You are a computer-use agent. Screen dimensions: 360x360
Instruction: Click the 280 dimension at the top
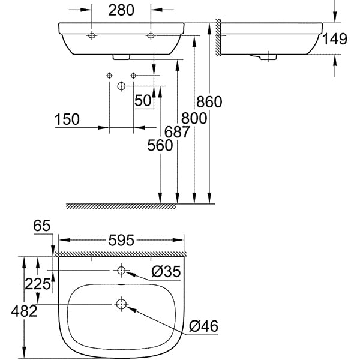point(121,10)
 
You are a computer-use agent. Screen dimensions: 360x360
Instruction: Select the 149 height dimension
point(335,40)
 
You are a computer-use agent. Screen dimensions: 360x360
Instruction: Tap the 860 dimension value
point(210,102)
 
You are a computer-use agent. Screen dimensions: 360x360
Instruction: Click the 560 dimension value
point(160,145)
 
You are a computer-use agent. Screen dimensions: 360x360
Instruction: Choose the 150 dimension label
point(67,119)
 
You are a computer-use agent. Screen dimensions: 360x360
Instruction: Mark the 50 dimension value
point(143,101)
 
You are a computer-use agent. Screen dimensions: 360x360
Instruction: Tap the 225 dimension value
point(39,284)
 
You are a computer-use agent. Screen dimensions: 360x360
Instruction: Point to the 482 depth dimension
point(25,311)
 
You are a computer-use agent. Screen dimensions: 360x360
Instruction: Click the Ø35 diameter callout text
point(166,272)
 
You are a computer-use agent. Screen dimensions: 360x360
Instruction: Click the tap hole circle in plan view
point(121,271)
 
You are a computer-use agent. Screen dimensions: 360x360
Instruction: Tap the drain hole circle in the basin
point(121,305)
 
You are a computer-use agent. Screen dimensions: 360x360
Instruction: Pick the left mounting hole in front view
point(92,36)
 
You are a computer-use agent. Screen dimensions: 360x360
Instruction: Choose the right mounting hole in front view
point(151,36)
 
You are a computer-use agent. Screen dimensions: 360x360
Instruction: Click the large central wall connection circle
point(121,86)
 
